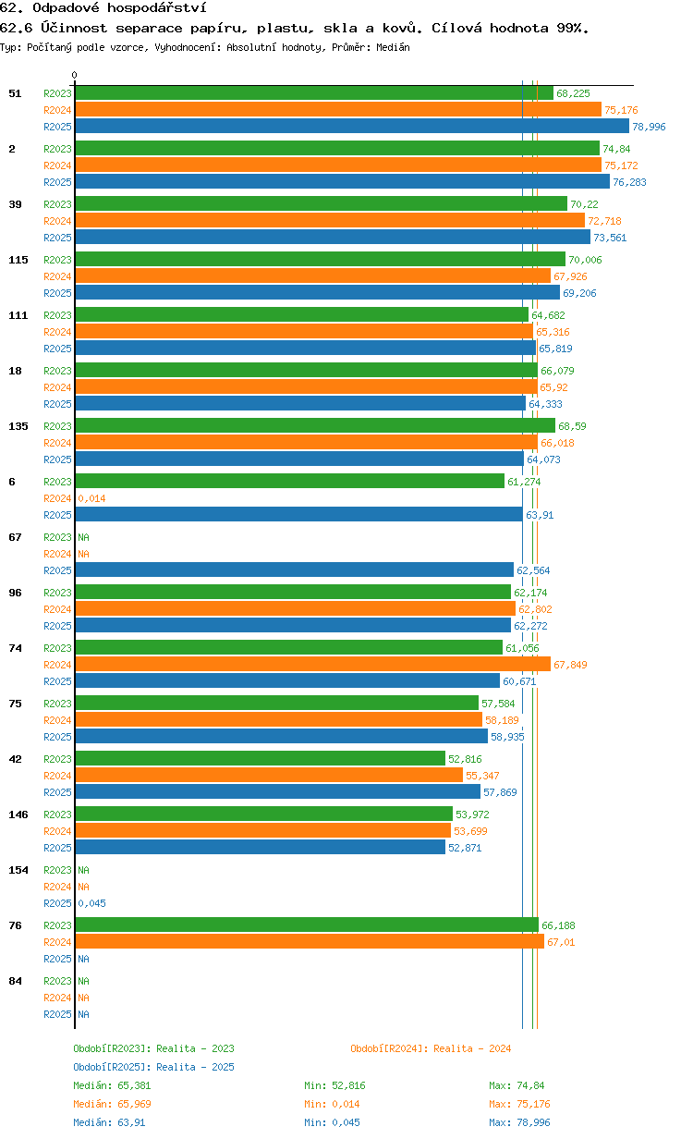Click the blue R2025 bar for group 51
point(352,126)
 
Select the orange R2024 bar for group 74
point(313,664)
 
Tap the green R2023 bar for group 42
point(261,758)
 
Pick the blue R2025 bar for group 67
point(295,569)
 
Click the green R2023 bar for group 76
point(307,925)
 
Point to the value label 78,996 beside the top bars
point(649,127)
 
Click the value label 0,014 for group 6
point(92,498)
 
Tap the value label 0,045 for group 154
point(92,903)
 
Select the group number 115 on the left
point(18,260)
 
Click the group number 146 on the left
point(18,814)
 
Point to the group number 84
point(15,980)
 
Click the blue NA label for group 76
point(83,959)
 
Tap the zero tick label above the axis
point(74,75)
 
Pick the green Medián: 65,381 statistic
point(113,1085)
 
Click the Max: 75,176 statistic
point(519,1104)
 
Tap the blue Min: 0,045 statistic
point(333,1121)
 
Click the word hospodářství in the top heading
point(156,8)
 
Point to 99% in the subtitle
point(573,28)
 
